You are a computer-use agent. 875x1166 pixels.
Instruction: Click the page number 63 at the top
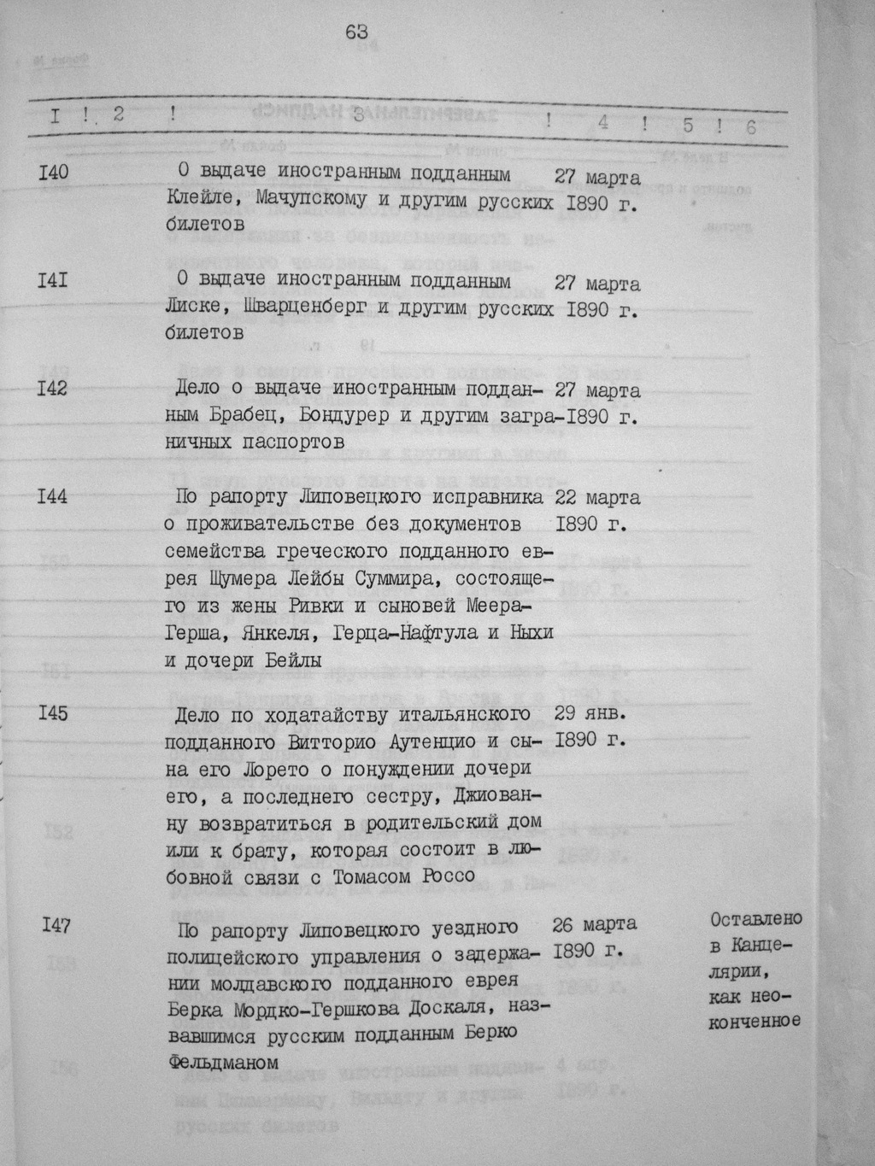coord(356,32)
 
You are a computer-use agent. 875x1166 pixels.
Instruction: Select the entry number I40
coord(53,173)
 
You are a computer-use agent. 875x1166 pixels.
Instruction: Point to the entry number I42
coord(53,389)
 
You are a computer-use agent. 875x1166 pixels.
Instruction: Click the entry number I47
coord(56,925)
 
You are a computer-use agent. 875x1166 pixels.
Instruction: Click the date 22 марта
coord(597,497)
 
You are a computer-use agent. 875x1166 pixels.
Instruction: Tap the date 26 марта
coord(594,924)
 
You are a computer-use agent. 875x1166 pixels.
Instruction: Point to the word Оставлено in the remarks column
coord(755,919)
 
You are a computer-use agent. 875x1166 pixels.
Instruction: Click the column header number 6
coord(750,127)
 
